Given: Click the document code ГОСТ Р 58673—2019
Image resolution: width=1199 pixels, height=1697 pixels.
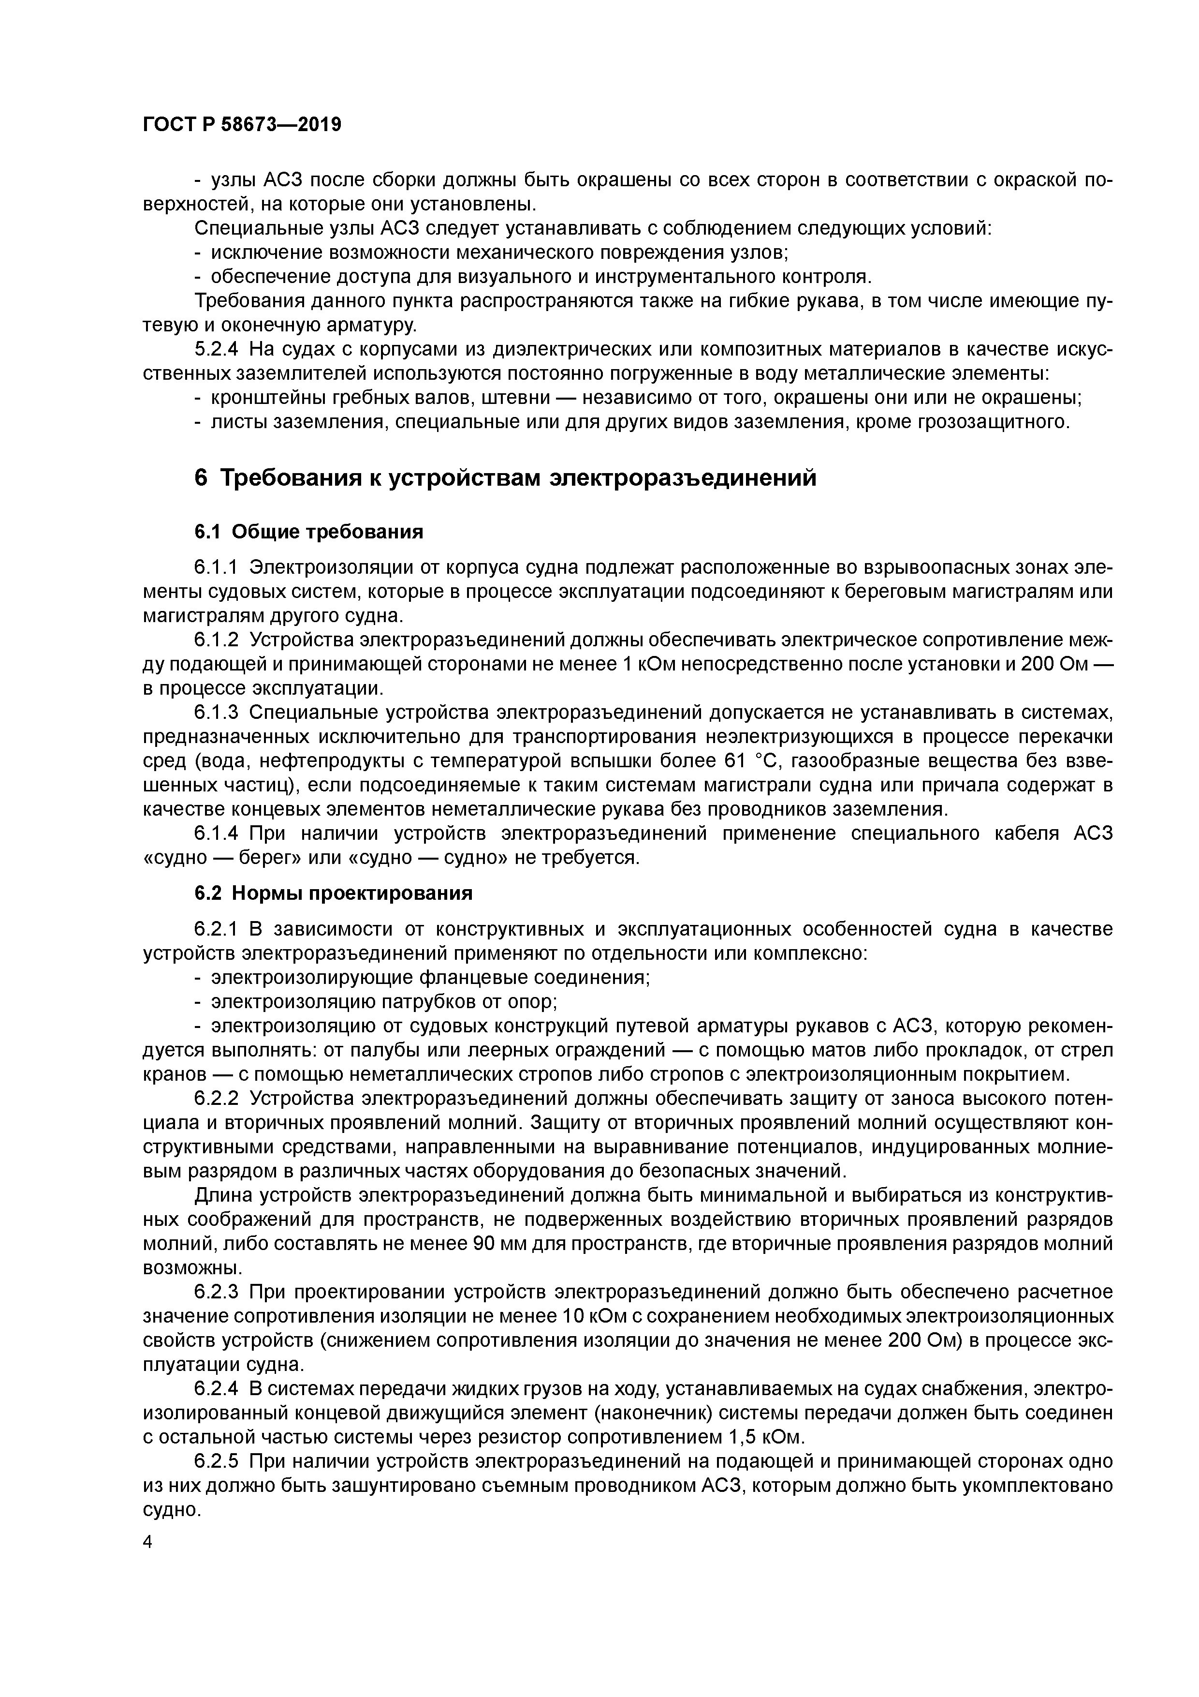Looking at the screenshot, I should tap(242, 125).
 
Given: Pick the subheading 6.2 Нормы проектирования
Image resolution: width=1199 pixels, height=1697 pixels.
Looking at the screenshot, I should tap(333, 893).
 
